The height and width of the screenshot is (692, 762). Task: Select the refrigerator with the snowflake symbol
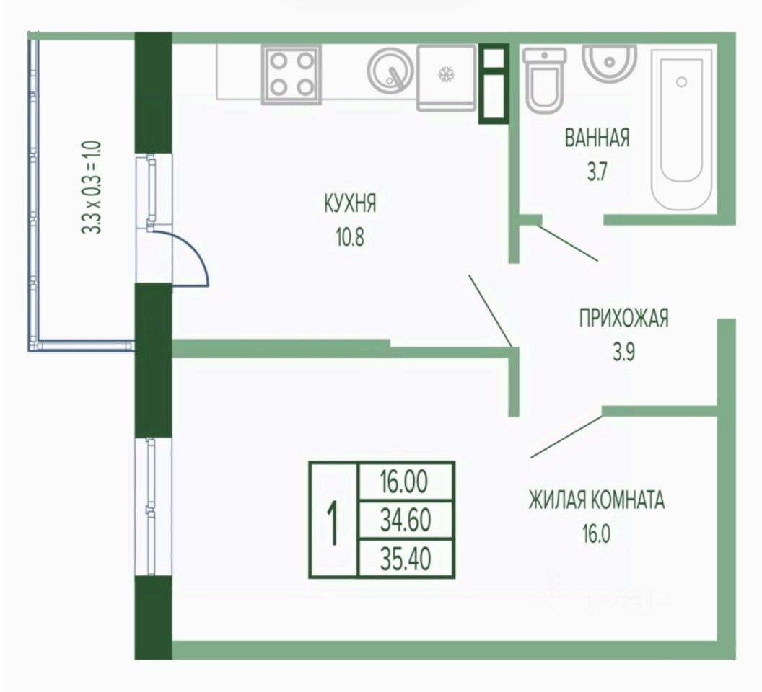[447, 77]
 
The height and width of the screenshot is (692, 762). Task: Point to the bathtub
[682, 126]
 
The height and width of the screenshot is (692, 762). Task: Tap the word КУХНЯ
[350, 204]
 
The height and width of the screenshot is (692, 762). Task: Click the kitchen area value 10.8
[350, 237]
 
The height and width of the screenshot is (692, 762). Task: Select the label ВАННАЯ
[597, 138]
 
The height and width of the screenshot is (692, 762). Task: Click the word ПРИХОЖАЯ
[623, 318]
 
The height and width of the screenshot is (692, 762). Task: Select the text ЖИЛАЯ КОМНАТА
[597, 500]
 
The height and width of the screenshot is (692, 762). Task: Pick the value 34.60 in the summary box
[406, 520]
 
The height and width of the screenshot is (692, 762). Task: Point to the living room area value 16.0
[596, 535]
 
